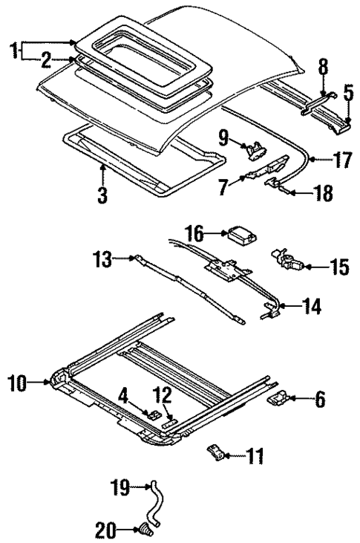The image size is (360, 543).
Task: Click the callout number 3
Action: (x=102, y=196)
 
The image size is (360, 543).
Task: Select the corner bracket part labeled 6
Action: (x=278, y=400)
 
